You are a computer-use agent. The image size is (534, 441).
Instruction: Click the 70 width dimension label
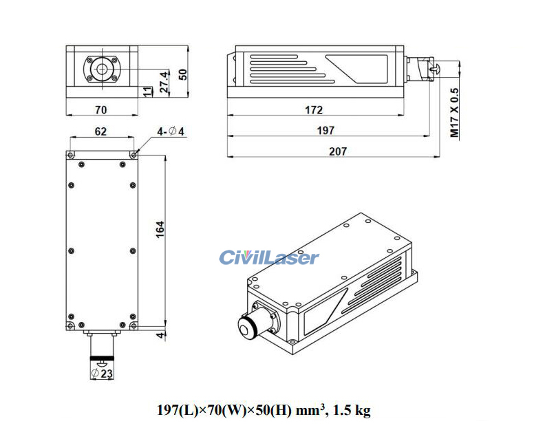(101, 109)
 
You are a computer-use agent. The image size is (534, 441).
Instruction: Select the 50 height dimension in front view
(182, 74)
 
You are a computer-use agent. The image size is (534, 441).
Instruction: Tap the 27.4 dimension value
(164, 82)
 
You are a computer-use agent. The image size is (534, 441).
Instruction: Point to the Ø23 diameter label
(103, 374)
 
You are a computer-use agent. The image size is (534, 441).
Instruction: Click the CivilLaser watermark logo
(269, 258)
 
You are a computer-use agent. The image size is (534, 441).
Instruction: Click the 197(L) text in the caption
(178, 411)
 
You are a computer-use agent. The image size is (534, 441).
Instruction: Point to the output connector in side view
(421, 69)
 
